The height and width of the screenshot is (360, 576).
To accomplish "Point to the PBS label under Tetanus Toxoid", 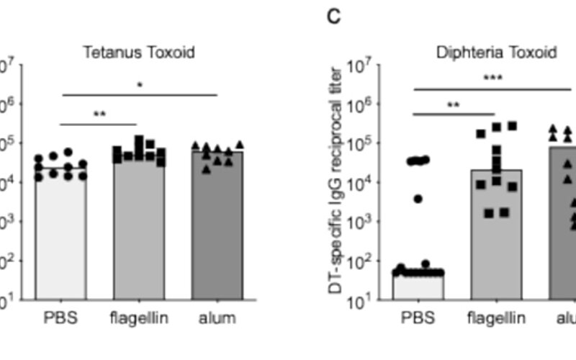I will tap(61, 318).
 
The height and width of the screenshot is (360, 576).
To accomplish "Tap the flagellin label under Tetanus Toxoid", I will tap(140, 318).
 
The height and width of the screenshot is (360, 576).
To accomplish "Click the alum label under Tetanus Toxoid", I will tap(217, 318).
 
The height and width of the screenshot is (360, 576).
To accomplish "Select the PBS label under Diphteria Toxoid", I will tap(418, 318).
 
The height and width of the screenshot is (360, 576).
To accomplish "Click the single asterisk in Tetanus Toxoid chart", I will tap(140, 85).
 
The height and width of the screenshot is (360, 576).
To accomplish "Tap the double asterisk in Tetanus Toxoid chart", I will tap(100, 114).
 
